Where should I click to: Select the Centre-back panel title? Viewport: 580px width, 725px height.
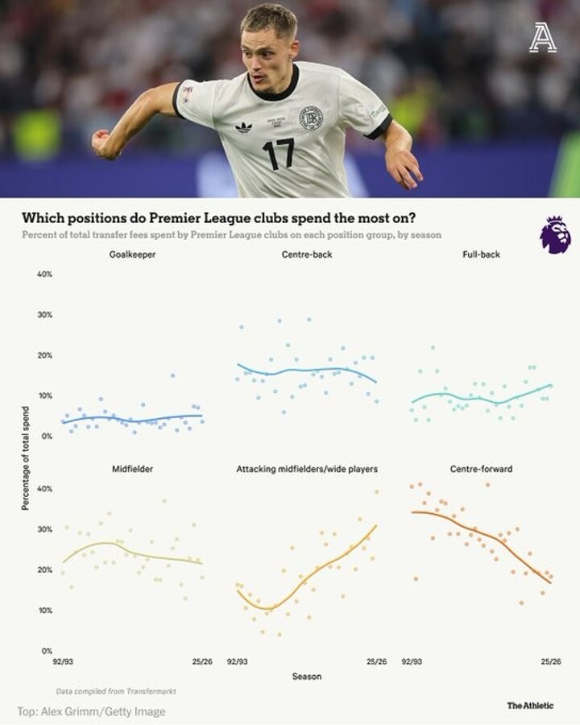[x=307, y=255]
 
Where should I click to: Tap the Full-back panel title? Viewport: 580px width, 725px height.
[x=482, y=255]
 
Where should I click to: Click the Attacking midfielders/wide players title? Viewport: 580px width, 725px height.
[x=307, y=469]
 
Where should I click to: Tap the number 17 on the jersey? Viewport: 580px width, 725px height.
[x=278, y=152]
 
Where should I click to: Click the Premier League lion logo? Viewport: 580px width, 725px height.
[x=555, y=234]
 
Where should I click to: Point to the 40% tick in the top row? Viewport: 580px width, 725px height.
[x=44, y=274]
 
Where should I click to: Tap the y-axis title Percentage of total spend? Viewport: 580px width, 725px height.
[x=26, y=458]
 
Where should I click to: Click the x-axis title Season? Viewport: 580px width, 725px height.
[x=306, y=677]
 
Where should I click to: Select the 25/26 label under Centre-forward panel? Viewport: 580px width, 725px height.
[x=550, y=662]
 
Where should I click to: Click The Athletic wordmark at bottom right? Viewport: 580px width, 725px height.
[x=530, y=706]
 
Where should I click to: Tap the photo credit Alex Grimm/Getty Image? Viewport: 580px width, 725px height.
[x=91, y=711]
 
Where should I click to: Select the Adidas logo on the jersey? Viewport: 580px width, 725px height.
[x=243, y=126]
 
